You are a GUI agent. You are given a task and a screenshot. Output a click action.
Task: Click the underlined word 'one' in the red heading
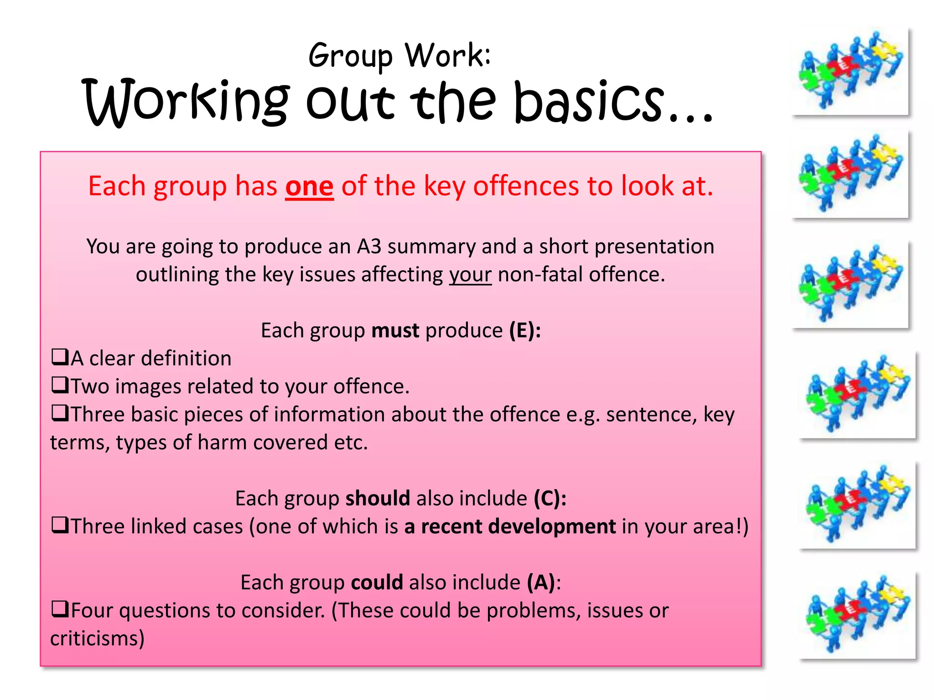(x=309, y=187)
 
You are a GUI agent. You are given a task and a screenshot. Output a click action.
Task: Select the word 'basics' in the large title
(x=588, y=102)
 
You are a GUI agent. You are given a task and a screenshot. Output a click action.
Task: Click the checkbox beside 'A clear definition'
(x=59, y=357)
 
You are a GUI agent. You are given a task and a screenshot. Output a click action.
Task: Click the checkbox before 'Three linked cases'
(x=59, y=525)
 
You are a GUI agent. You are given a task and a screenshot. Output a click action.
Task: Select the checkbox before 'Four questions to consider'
(x=59, y=609)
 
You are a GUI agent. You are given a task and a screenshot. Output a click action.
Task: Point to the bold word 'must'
(x=395, y=330)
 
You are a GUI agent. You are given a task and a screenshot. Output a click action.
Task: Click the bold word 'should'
(x=378, y=498)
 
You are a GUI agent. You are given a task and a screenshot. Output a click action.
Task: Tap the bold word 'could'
(x=377, y=582)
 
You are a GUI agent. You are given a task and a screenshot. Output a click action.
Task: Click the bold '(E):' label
(x=525, y=330)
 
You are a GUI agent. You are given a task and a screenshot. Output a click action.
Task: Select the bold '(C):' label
(x=550, y=498)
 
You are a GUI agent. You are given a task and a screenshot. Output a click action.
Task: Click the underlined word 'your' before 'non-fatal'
(x=470, y=275)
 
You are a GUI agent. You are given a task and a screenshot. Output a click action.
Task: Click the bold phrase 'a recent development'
(x=510, y=526)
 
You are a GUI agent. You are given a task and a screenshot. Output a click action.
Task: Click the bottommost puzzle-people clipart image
(x=857, y=615)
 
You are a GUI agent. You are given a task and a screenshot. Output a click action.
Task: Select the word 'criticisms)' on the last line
(x=97, y=638)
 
